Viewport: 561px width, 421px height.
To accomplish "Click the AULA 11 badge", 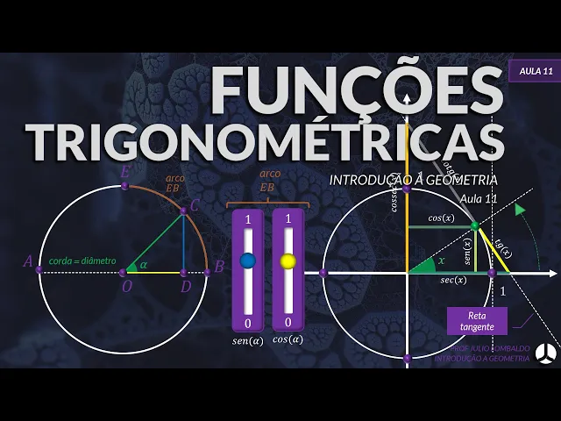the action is pyautogui.click(x=534, y=70).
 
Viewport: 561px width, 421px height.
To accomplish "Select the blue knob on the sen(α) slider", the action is pyautogui.click(x=247, y=260).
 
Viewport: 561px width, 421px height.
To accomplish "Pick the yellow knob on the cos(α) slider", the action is pyautogui.click(x=288, y=260).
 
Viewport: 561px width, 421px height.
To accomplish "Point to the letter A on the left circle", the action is pyautogui.click(x=28, y=260).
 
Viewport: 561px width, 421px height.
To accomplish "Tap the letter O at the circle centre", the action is pyautogui.click(x=128, y=286).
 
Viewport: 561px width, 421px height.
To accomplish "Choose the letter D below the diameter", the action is pyautogui.click(x=184, y=286).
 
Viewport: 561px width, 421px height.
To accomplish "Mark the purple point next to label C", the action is pyautogui.click(x=183, y=210).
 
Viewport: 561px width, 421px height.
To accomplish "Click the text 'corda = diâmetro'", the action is pyautogui.click(x=81, y=260).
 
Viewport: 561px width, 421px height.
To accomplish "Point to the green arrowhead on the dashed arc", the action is pyautogui.click(x=520, y=210).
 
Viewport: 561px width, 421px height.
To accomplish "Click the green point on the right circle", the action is pyautogui.click(x=474, y=226).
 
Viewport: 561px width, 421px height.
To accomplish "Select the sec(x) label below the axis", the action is pyautogui.click(x=453, y=281).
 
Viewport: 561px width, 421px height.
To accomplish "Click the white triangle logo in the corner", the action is pyautogui.click(x=544, y=352).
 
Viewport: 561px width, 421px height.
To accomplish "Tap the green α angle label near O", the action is pyautogui.click(x=144, y=264).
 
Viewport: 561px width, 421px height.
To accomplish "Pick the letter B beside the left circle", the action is pyautogui.click(x=219, y=265).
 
